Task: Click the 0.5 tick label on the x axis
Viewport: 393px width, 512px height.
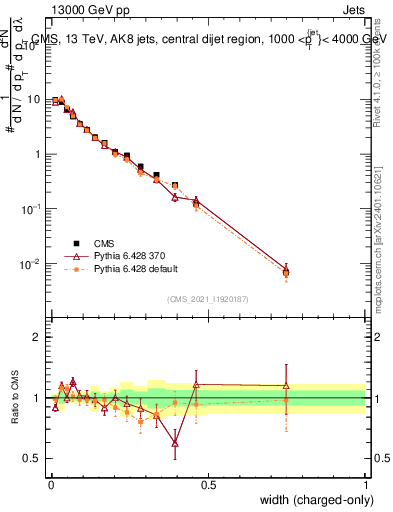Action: click(208, 485)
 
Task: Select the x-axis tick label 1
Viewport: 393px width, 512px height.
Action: click(366, 485)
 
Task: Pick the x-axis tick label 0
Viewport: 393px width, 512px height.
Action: click(51, 485)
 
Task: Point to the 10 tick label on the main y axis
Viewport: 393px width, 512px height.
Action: click(34, 99)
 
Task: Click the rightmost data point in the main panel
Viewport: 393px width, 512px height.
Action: click(286, 271)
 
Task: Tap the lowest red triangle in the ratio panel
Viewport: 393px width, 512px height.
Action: click(175, 442)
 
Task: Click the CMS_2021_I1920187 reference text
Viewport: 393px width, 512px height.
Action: click(208, 298)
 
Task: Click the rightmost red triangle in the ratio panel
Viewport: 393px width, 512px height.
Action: click(286, 385)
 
